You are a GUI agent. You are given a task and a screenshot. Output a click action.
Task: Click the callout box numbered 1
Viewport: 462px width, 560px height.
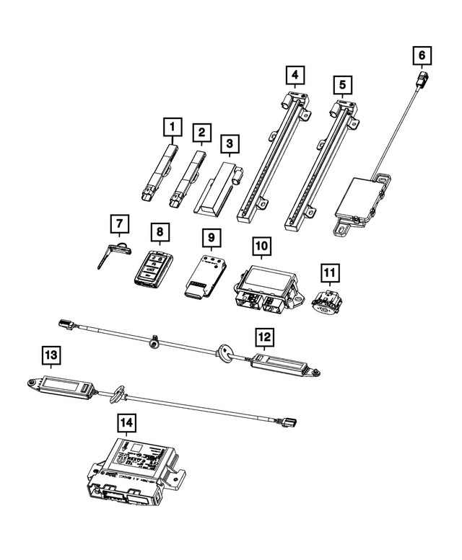coord(172,128)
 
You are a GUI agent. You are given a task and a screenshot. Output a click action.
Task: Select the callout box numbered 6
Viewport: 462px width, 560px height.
coord(422,55)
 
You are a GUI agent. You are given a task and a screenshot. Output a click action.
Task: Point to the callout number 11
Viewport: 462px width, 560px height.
coord(329,272)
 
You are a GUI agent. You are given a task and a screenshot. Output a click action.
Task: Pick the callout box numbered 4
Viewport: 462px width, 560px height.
coord(294,74)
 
